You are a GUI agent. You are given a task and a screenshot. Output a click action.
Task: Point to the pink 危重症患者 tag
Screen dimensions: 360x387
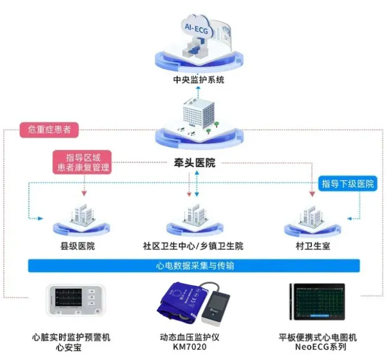49,130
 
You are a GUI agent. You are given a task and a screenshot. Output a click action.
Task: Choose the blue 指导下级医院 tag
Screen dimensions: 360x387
347,183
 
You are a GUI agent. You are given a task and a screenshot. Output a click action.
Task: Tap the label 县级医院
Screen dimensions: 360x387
78,247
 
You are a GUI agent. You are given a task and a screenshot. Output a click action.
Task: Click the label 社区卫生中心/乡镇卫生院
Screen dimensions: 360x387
193,247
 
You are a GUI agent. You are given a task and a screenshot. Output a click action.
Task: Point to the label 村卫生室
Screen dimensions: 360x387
310,247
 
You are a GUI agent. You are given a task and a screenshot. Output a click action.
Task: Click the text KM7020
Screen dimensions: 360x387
194,347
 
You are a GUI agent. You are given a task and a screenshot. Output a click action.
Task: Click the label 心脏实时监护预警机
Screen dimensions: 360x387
78,338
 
